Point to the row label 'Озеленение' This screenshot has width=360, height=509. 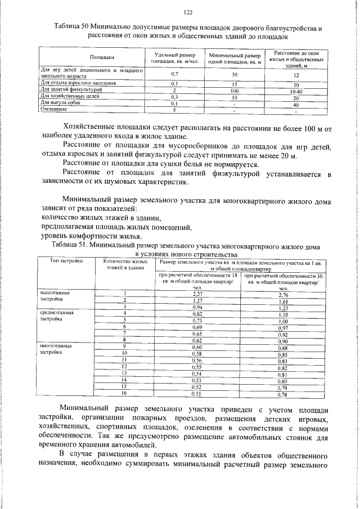[x=55, y=110]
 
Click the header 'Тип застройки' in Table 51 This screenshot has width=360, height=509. [x=66, y=261]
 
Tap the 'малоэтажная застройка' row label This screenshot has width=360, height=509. [x=55, y=296]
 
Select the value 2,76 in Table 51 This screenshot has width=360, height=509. [x=283, y=294]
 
